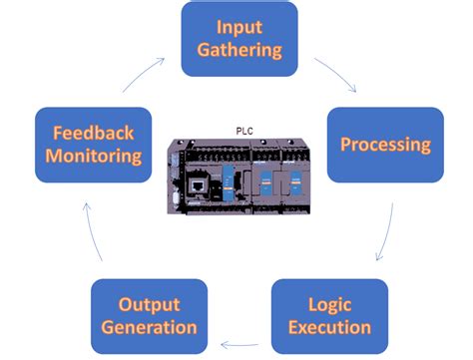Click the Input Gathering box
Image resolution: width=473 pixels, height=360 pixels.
tap(238, 39)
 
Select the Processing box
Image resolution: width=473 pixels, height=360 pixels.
tap(385, 145)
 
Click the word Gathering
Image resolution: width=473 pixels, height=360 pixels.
tap(238, 51)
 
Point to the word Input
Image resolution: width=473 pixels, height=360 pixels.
tap(238, 26)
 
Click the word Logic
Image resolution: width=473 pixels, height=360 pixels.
tap(329, 303)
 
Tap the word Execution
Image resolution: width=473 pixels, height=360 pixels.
tap(329, 328)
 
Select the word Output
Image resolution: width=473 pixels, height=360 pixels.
tap(149, 303)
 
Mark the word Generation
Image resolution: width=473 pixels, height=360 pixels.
tap(149, 328)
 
